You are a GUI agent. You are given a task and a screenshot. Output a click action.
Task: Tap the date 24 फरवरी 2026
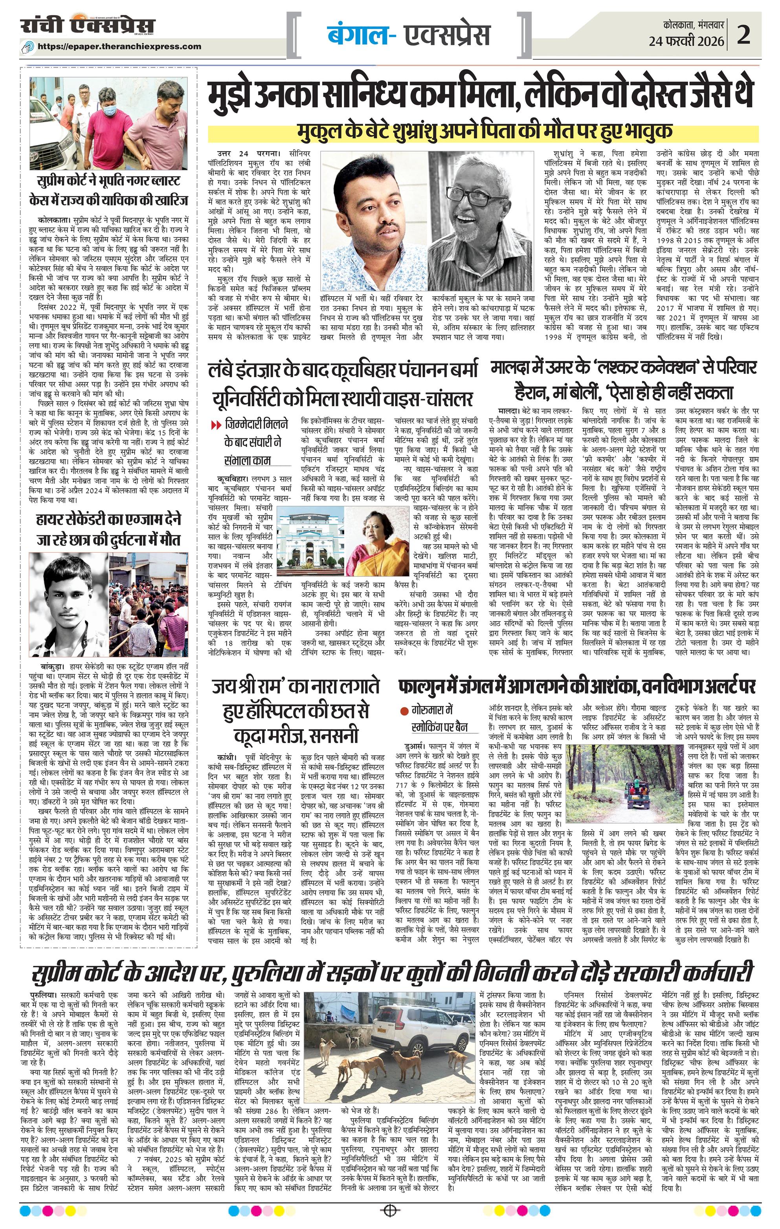point(686,41)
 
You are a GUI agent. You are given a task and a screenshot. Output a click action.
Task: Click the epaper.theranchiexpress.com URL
point(119,46)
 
